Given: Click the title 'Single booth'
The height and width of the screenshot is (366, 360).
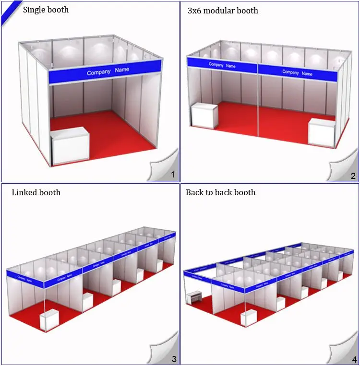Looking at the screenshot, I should pyautogui.click(x=46, y=10).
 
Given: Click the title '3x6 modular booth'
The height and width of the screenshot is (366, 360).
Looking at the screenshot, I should pyautogui.click(x=223, y=10).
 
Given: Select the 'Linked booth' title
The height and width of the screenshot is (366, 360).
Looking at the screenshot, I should pyautogui.click(x=36, y=192).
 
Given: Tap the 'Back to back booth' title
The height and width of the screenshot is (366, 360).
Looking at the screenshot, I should pyautogui.click(x=220, y=192).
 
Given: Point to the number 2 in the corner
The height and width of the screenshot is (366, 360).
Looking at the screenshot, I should pyautogui.click(x=353, y=176).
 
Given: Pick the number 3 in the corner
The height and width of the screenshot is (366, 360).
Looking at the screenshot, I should pyautogui.click(x=174, y=358).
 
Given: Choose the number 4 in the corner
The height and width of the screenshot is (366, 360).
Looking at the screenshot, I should pyautogui.click(x=354, y=359).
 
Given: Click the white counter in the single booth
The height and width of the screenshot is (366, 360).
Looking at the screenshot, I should pyautogui.click(x=70, y=146).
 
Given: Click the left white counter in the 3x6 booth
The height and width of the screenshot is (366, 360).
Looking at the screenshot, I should pyautogui.click(x=205, y=115).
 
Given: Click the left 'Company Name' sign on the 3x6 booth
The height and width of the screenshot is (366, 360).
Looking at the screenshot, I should pyautogui.click(x=222, y=65).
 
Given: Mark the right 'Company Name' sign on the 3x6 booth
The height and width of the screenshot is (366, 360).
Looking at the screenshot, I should pyautogui.click(x=297, y=73).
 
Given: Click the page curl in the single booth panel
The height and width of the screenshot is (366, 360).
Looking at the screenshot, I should pyautogui.click(x=164, y=165).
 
